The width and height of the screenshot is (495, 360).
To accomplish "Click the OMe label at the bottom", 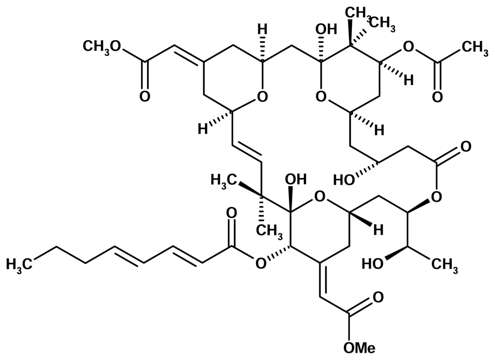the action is tap(359, 347).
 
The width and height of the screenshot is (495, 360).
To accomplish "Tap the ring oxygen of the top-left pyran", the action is tap(262, 97).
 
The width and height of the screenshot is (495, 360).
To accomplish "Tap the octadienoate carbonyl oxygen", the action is tap(231, 213).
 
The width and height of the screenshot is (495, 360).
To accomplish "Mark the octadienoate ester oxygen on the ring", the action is tap(262, 264).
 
